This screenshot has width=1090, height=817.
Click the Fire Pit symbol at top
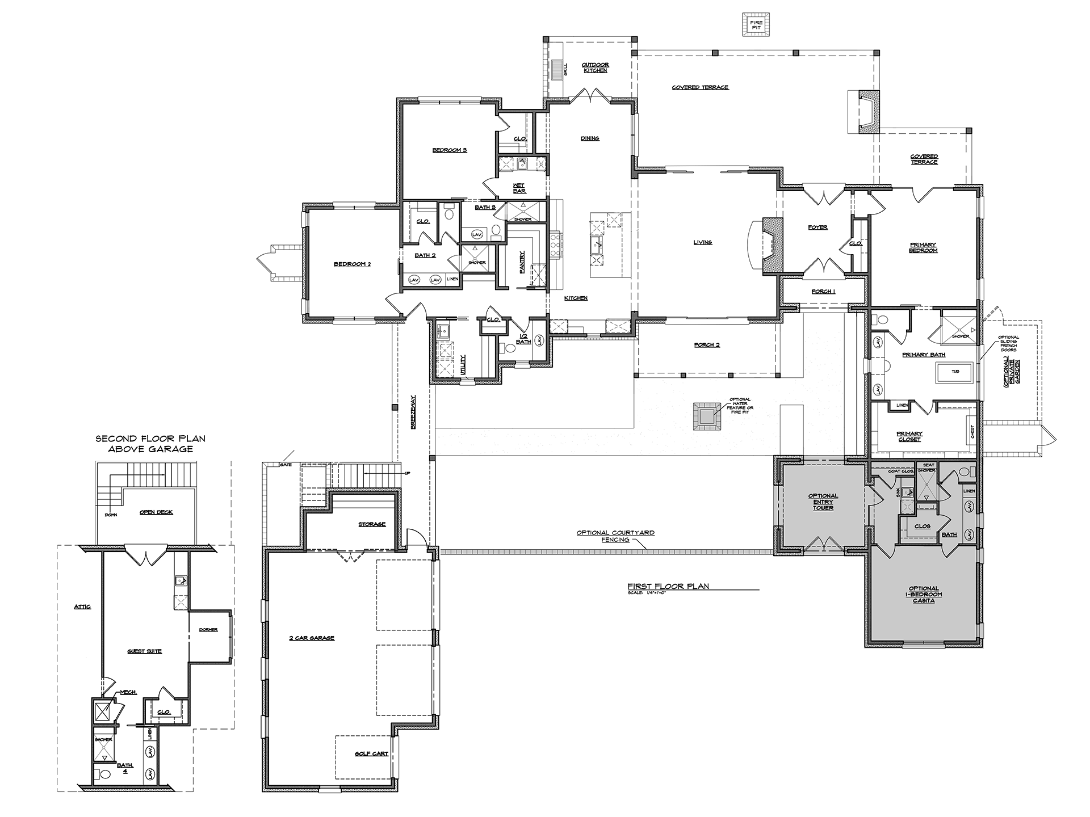pos(756,25)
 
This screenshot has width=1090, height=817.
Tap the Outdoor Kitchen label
pos(595,68)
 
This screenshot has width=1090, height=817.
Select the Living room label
pos(702,242)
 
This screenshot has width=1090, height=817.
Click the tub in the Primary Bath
pos(955,372)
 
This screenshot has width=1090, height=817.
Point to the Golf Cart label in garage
pos(371,753)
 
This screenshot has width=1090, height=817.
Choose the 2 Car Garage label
pos(312,638)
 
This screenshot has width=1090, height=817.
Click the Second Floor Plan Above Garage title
pos(150,444)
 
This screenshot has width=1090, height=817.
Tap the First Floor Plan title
pos(668,586)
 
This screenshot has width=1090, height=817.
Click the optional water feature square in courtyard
pos(706,416)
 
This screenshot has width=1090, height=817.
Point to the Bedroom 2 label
pos(352,264)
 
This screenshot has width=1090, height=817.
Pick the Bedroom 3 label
pos(449,150)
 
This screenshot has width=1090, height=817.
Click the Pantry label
pos(522,263)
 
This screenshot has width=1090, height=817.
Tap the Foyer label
pos(817,228)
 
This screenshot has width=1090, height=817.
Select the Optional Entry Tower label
pos(823,502)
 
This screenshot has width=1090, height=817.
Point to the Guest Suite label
pos(144,651)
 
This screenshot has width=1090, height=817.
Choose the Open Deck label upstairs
pos(156,512)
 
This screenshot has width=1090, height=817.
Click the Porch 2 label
pos(706,345)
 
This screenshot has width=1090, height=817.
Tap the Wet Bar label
pos(519,188)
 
